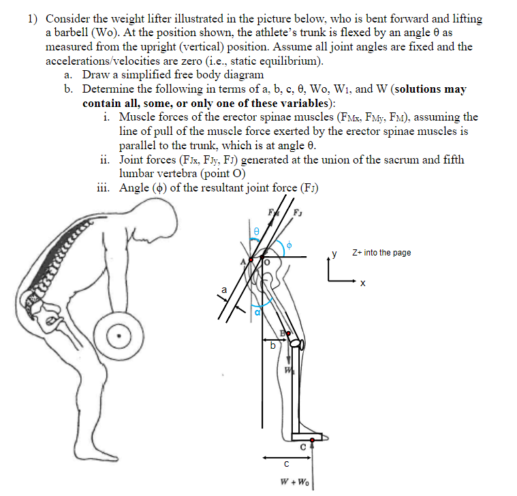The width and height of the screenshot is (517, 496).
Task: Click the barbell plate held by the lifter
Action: (121, 334)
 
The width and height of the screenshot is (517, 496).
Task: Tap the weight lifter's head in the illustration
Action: (155, 221)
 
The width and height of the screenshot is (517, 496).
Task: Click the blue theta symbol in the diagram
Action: (255, 232)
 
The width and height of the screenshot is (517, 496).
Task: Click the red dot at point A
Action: (251, 260)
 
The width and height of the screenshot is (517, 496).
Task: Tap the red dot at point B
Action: (289, 333)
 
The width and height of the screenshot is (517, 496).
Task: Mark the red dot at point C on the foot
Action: (312, 442)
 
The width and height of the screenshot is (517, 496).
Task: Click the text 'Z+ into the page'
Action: (381, 253)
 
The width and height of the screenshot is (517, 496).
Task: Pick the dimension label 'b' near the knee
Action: (273, 346)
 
